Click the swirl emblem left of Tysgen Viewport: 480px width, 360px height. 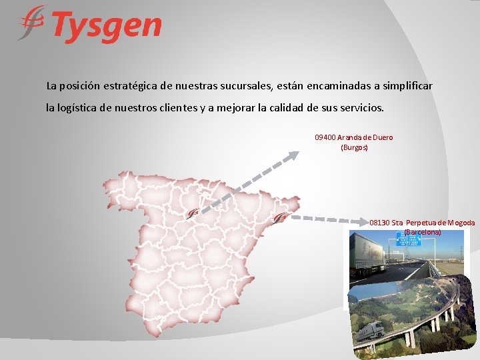pos(31,24)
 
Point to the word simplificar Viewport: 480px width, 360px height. pos(403,86)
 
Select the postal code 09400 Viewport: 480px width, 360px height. pos(325,137)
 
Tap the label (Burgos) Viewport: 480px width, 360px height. pos(354,147)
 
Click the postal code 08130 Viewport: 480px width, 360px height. pos(379,223)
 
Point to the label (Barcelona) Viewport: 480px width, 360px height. pos(422,232)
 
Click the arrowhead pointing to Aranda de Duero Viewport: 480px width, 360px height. pos(293,157)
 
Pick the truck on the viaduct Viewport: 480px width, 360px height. pos(371,329)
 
